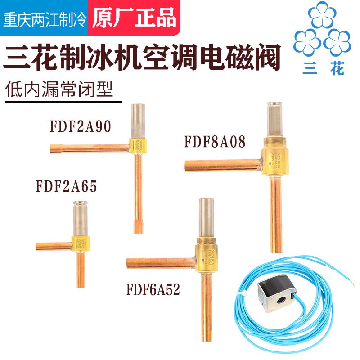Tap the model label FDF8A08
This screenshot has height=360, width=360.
point(215,143)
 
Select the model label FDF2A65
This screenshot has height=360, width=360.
point(67,187)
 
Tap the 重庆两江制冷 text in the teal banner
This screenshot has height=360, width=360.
point(45,19)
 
